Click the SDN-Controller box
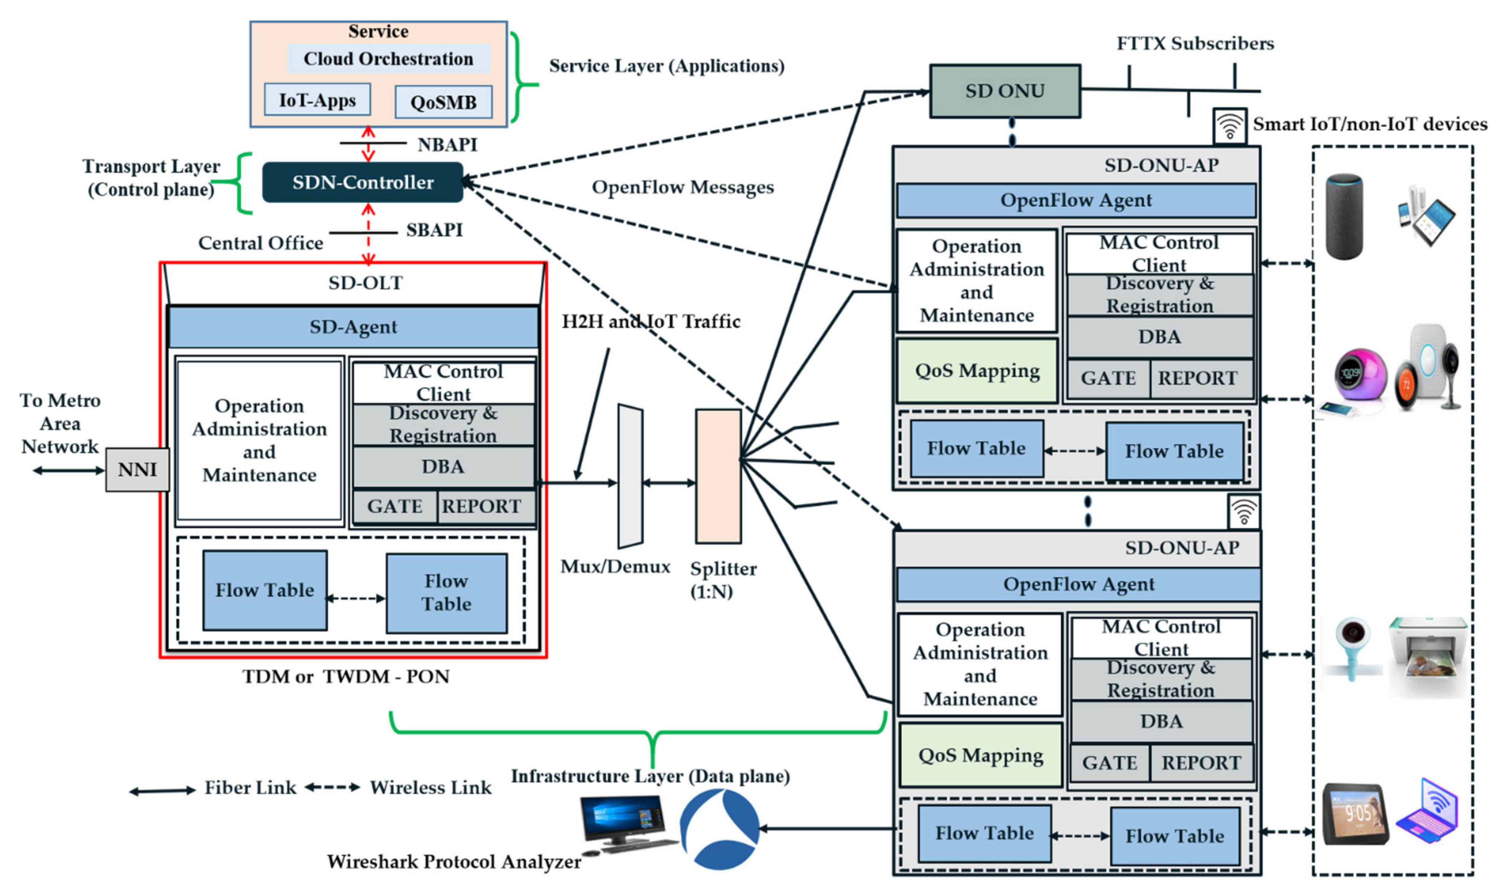(362, 182)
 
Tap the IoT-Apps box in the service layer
(317, 100)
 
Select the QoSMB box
(443, 102)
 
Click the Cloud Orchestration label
(388, 59)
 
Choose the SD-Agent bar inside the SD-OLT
(353, 327)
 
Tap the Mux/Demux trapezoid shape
(630, 477)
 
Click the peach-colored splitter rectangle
(718, 477)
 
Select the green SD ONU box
(1005, 91)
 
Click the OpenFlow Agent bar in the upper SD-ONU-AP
(1076, 200)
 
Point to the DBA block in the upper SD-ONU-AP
(1160, 337)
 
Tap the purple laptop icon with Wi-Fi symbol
(1427, 811)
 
